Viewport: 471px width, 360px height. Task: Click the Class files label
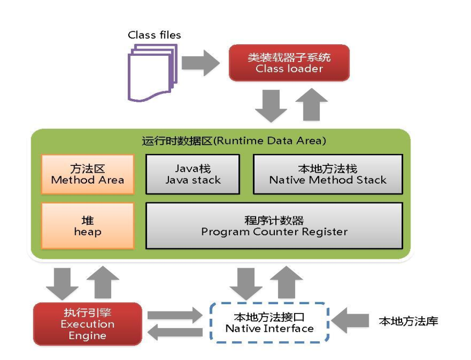pyautogui.click(x=154, y=35)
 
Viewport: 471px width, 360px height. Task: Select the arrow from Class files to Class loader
pyautogui.click(x=200, y=64)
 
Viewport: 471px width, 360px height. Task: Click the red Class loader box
pyautogui.click(x=289, y=63)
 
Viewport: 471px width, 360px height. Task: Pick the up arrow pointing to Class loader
pyautogui.click(x=311, y=105)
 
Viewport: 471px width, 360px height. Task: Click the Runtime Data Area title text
pyautogui.click(x=234, y=141)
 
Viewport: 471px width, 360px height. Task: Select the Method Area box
pyautogui.click(x=88, y=174)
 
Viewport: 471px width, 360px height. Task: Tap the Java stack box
pyautogui.click(x=192, y=174)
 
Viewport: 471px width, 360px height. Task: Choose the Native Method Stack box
pyautogui.click(x=328, y=174)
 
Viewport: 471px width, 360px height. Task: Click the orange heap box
pyautogui.click(x=88, y=225)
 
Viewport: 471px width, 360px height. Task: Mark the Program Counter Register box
pyautogui.click(x=274, y=225)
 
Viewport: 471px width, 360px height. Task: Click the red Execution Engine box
pyautogui.click(x=87, y=324)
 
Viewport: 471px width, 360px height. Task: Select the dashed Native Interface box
pyautogui.click(x=269, y=322)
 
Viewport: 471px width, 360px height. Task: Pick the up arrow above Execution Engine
pyautogui.click(x=102, y=282)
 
